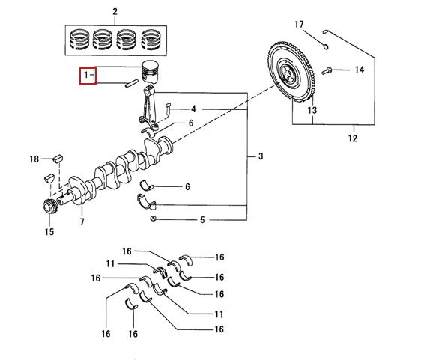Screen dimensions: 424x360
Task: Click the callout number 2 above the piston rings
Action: (115, 12)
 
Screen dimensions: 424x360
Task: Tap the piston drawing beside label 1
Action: (151, 71)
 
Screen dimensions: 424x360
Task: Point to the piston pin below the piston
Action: (131, 83)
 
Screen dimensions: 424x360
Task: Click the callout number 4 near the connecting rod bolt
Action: (193, 109)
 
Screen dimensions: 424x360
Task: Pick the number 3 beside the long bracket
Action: (261, 156)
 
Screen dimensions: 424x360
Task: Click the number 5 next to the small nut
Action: (202, 220)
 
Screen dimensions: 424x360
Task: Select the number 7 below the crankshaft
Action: (82, 222)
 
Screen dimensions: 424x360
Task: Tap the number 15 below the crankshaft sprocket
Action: (49, 232)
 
